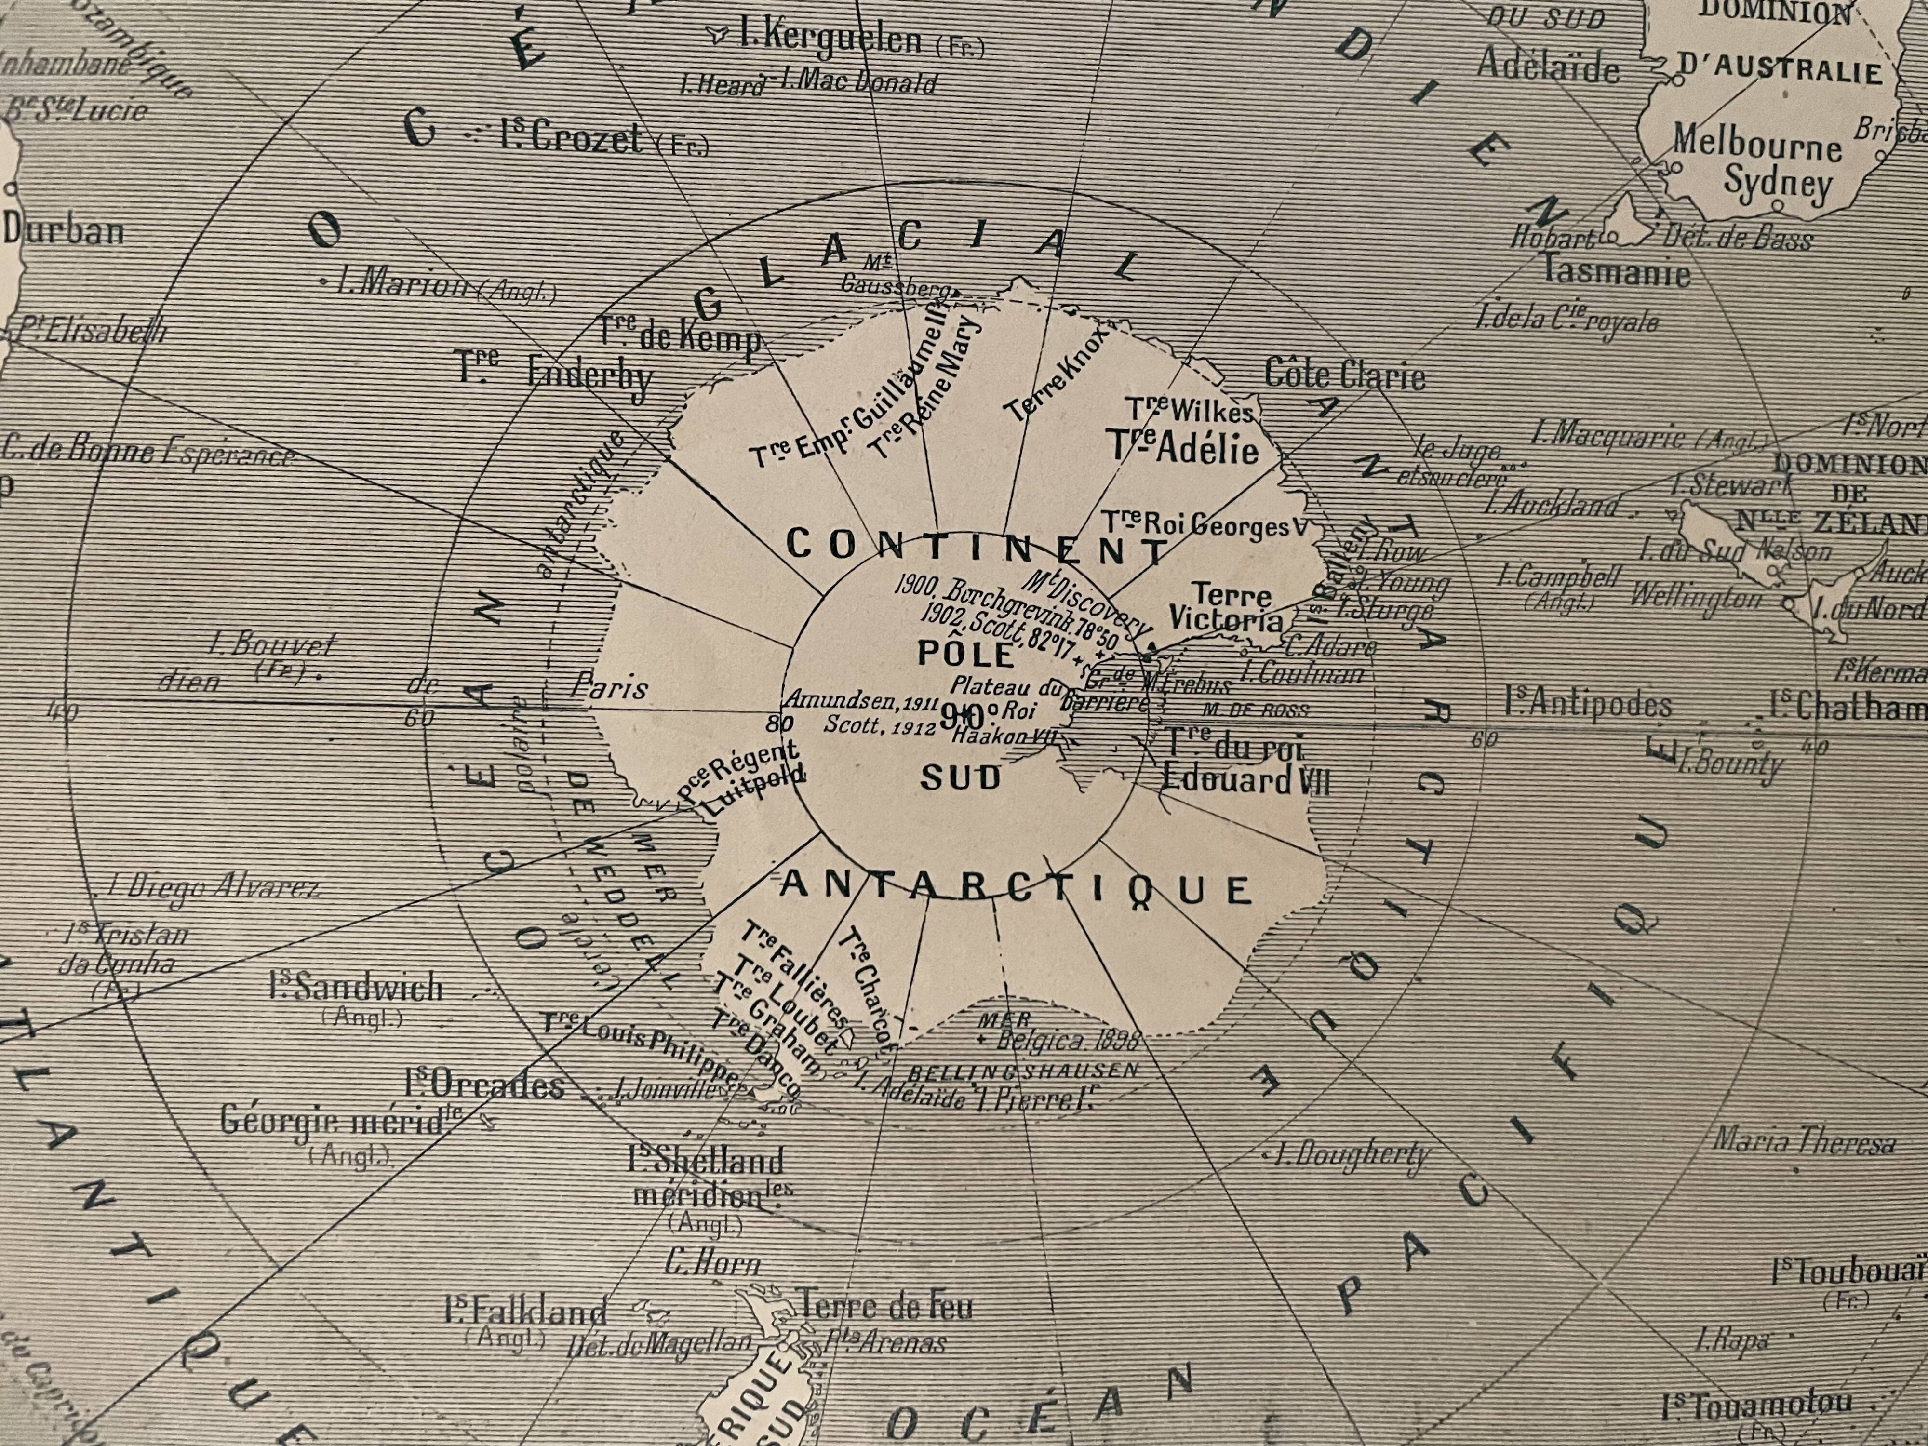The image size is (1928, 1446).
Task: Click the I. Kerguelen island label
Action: (x=828, y=39)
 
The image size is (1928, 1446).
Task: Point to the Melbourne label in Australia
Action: (x=1756, y=143)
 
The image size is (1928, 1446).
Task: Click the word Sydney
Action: (x=1778, y=184)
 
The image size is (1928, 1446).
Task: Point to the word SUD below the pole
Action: (x=962, y=777)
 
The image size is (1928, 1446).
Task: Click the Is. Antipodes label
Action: (x=1588, y=704)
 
